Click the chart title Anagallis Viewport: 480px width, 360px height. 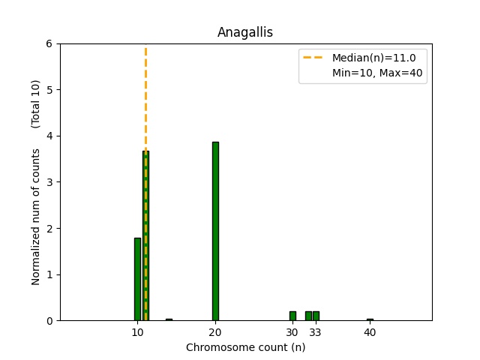click(x=245, y=32)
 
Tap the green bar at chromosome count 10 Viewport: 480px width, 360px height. click(x=137, y=279)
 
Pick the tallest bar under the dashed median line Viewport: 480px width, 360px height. click(x=145, y=235)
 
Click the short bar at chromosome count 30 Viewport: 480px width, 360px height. click(x=292, y=316)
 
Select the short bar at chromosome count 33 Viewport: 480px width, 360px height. click(x=316, y=316)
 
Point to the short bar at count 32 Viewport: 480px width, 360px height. click(x=308, y=316)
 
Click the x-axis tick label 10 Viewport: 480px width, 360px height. click(x=137, y=332)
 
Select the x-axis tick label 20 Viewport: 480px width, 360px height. click(x=215, y=332)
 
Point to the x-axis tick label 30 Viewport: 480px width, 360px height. click(x=292, y=332)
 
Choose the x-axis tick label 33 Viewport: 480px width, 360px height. click(x=316, y=332)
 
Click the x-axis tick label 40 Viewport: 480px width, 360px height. click(x=370, y=332)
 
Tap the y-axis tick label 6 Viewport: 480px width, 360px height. click(x=49, y=43)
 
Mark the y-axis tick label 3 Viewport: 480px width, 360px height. click(x=49, y=182)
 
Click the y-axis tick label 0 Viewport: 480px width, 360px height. click(x=49, y=320)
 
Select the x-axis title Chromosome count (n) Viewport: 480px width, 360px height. click(x=245, y=347)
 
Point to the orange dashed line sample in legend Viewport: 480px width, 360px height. click(x=313, y=57)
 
